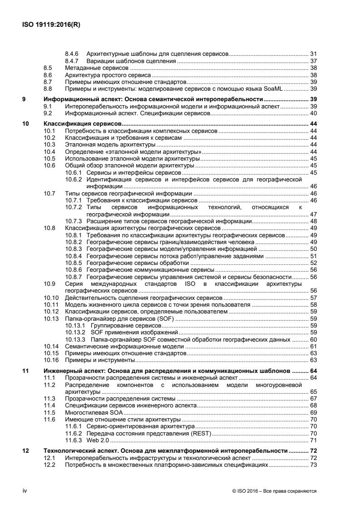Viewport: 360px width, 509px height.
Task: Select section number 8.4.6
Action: click(x=73, y=54)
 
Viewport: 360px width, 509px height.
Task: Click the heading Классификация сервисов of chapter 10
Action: click(x=83, y=123)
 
